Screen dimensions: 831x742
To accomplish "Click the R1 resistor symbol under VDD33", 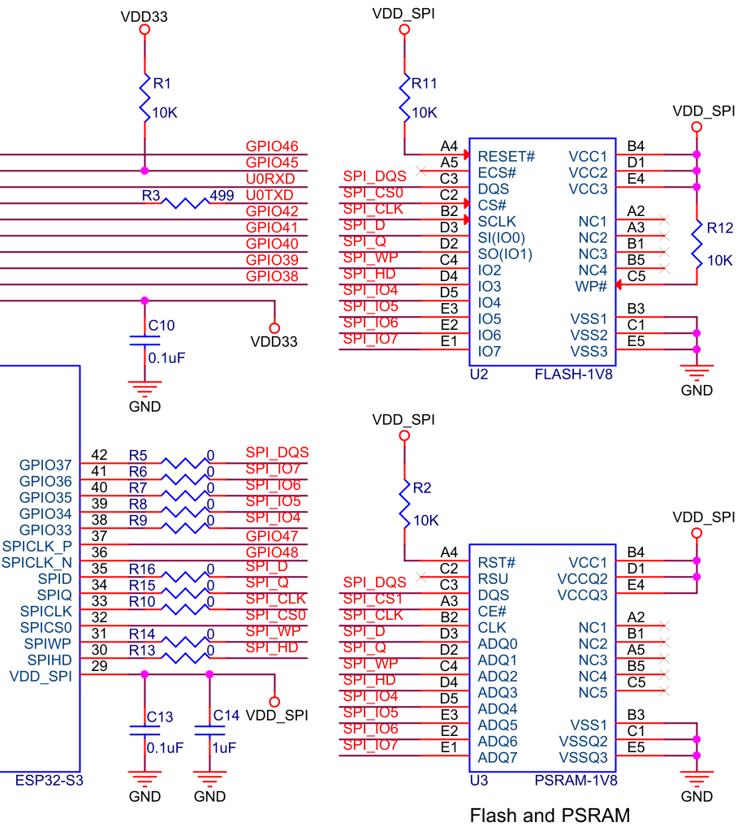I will [x=145, y=98].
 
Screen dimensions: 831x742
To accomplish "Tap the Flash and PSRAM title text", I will [x=550, y=815].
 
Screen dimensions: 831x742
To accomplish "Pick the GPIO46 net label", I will [x=272, y=146].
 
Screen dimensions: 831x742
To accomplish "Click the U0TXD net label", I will [x=270, y=195].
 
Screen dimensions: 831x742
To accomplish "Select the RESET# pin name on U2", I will [x=507, y=156].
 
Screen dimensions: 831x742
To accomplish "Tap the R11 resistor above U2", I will [x=404, y=98].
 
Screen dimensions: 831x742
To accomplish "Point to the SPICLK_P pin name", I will [x=37, y=546].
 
